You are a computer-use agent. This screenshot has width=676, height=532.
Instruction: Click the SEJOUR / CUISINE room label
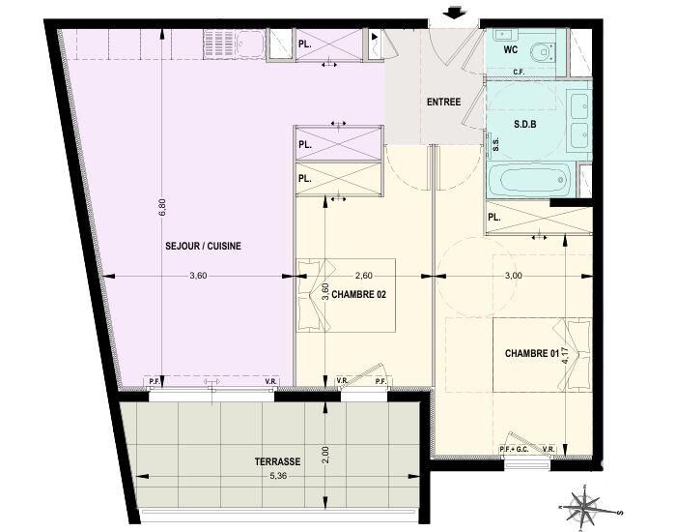pos(203,246)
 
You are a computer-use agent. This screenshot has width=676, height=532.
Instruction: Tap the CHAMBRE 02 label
pos(358,294)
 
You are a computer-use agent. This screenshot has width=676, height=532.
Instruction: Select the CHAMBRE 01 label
pos(532,353)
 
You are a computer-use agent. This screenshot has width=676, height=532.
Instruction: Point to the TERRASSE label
pos(277,461)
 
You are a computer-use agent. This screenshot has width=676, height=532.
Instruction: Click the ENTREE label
pos(443,102)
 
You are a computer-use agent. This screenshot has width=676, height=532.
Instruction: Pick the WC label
pos(511,49)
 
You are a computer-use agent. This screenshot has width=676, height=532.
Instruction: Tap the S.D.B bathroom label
pos(525,125)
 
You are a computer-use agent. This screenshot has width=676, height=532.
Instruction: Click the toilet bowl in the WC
pos(543,52)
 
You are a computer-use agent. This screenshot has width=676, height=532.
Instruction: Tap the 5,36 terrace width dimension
pos(278,476)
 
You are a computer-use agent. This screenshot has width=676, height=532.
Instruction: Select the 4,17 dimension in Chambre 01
pos(566,356)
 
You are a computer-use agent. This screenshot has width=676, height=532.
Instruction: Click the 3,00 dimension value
pos(513,276)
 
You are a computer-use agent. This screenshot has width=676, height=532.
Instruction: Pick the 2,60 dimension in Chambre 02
pos(363,276)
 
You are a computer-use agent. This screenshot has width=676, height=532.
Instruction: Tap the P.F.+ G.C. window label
pos(514,450)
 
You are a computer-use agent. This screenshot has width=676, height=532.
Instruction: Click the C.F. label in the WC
pos(519,73)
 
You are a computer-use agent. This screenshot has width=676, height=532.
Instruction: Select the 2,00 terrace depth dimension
pos(325,454)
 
